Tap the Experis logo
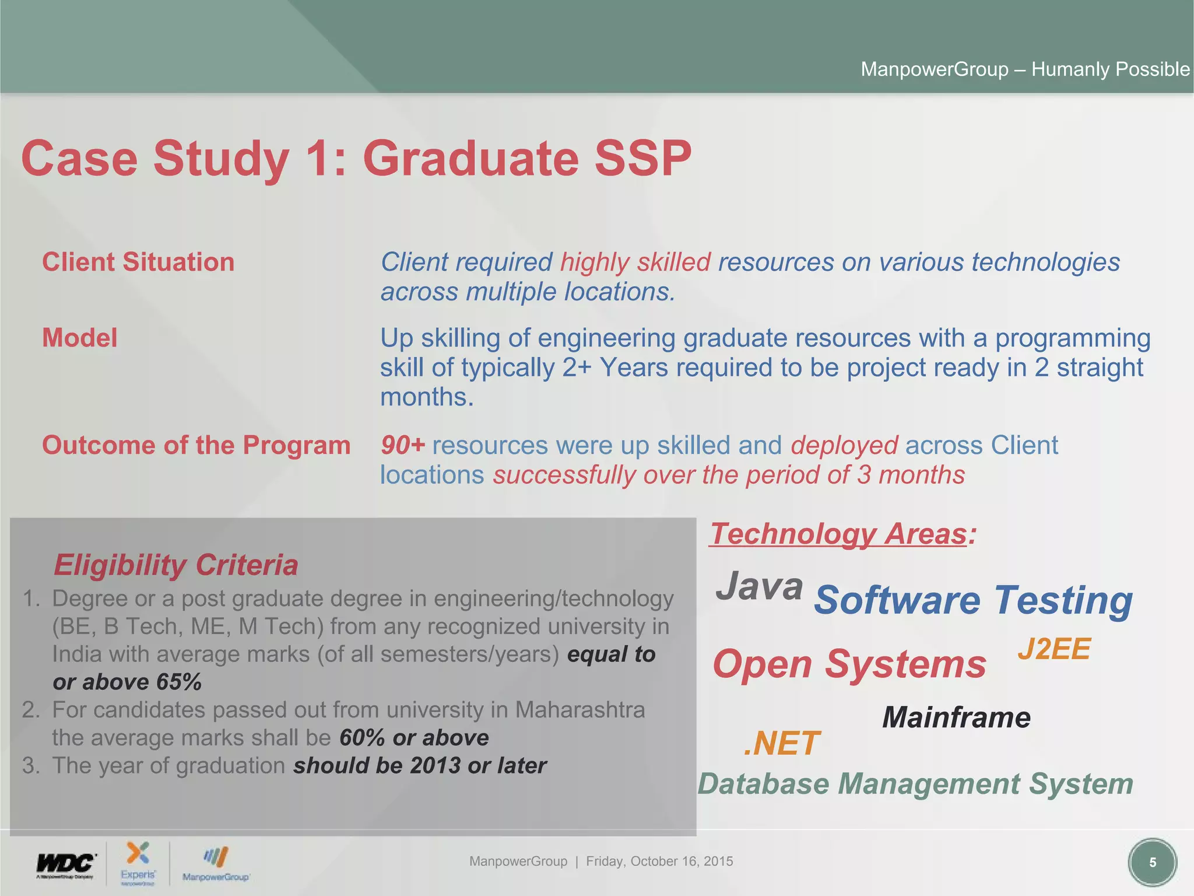coord(138,862)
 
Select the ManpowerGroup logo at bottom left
coord(215,863)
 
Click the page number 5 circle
coord(1152,863)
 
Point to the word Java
coord(759,586)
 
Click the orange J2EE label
coord(1053,649)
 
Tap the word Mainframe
coord(956,717)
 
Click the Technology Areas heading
coord(838,534)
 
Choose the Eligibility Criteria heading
coord(175,565)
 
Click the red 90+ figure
coord(403,445)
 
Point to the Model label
coord(80,338)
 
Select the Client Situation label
coord(138,262)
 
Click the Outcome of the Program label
coord(196,445)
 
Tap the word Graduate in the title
coord(470,158)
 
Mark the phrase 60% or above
coord(414,737)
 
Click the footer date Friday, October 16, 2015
coord(659,862)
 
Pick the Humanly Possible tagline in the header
coord(1110,69)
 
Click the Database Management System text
coord(915,783)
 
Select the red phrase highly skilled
coord(635,262)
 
